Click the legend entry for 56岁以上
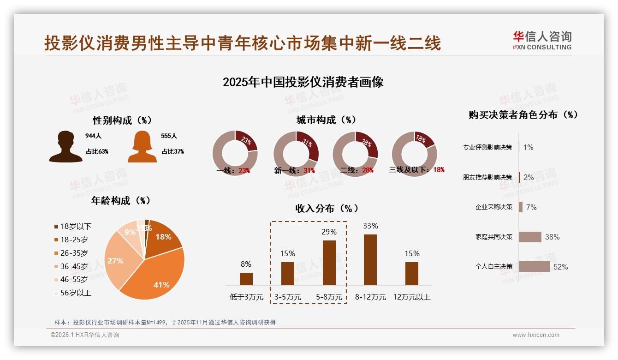coord(73,293)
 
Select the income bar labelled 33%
coord(370,259)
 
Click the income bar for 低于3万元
coord(246,279)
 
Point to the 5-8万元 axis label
coord(329,297)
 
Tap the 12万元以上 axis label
coord(412,297)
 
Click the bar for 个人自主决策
coord(534,267)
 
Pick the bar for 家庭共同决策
coord(529,237)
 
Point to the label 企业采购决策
coord(494,207)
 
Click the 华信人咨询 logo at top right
coord(542,40)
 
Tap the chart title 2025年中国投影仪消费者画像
coord(303,82)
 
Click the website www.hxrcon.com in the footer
coord(536,335)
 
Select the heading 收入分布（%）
coord(327,208)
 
